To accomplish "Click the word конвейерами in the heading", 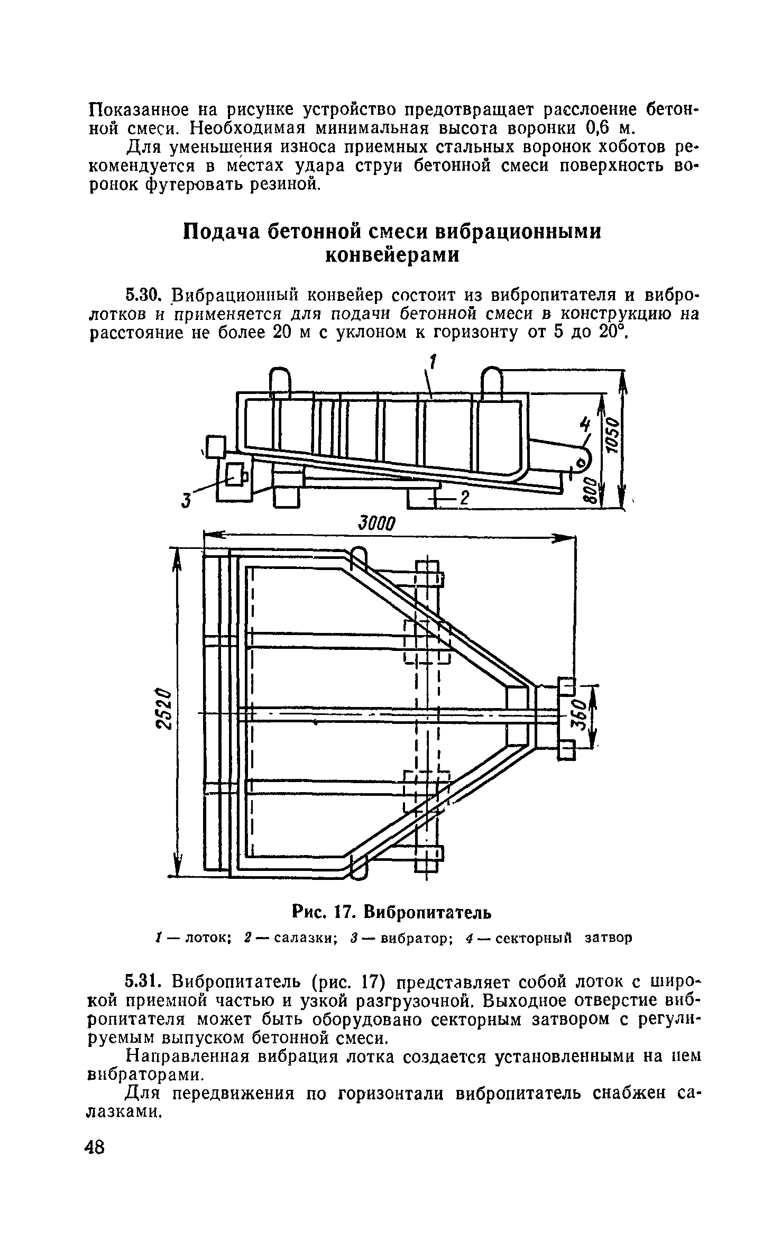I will pyautogui.click(x=391, y=255).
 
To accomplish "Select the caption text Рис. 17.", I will pyautogui.click(x=323, y=912).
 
